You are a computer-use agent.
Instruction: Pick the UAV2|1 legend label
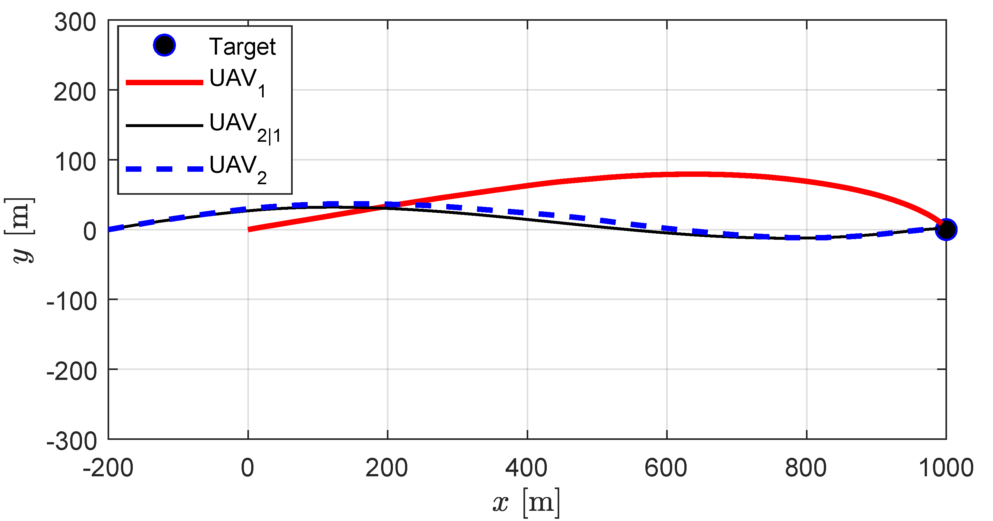point(244,126)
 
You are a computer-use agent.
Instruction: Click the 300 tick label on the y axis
point(75,22)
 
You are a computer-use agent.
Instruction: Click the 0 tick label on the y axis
point(89,232)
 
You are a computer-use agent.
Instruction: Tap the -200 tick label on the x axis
point(108,468)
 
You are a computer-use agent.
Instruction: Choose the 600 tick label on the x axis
point(666,468)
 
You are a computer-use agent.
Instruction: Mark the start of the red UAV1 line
point(249,230)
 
